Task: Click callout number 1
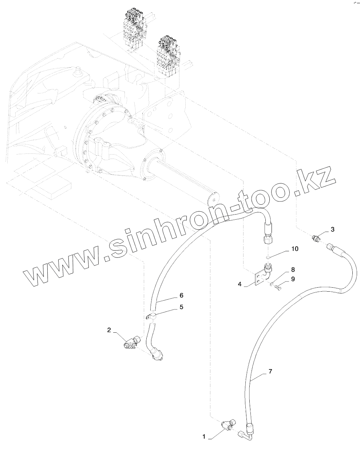point(204,436)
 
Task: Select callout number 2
point(109,330)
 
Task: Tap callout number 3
point(332,229)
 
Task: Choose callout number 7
point(270,371)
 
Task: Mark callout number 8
point(292,270)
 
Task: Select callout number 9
point(292,279)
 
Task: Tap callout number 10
point(294,249)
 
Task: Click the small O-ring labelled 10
point(268,257)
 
